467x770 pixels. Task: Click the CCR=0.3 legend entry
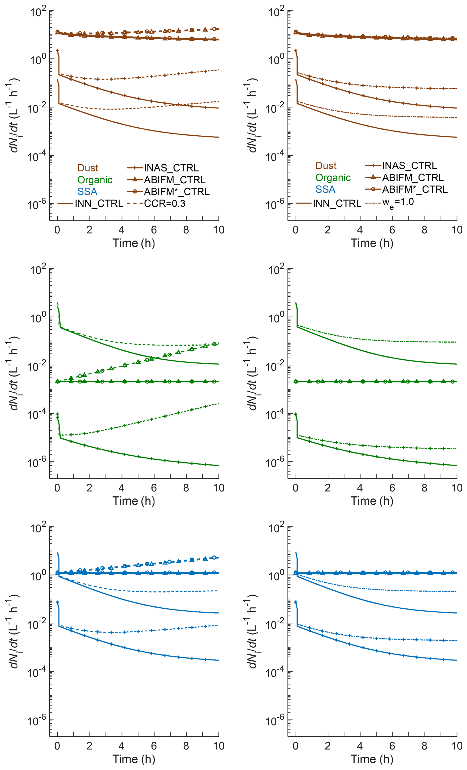[x=164, y=204]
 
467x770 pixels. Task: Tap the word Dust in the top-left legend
[x=88, y=168]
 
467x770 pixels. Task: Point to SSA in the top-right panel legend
[x=325, y=189]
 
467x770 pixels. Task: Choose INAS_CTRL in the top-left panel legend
[x=171, y=168]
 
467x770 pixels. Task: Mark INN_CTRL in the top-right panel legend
[x=337, y=204]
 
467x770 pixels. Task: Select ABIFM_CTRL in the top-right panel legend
[x=413, y=177]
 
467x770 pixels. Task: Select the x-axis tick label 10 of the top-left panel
[x=218, y=230]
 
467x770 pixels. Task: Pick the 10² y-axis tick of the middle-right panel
[x=276, y=269]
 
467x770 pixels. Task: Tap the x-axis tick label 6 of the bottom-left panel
[x=154, y=746]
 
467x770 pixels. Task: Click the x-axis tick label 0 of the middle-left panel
[x=57, y=488]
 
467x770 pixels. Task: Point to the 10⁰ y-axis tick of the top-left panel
[x=38, y=59]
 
